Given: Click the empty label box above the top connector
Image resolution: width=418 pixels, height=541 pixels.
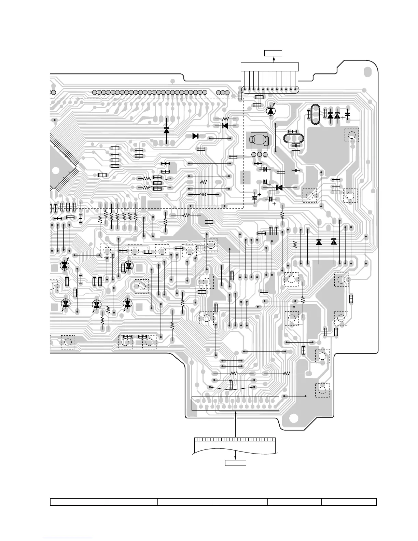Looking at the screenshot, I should [273, 53].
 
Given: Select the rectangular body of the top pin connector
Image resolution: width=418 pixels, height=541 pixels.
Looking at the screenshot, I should [270, 67].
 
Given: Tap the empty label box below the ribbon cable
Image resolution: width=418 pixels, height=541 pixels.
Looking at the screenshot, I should [235, 463].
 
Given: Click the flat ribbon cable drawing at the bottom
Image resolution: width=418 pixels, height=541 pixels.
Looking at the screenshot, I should [235, 446].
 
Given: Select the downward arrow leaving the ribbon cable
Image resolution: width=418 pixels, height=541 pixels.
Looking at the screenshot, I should [235, 456].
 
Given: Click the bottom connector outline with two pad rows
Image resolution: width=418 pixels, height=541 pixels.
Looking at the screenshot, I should [235, 403].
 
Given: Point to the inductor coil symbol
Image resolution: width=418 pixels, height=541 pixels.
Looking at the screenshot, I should [204, 195].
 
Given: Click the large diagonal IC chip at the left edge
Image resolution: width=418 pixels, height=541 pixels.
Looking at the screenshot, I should [63, 164].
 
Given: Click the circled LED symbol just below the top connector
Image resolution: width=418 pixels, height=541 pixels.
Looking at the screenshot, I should [271, 110].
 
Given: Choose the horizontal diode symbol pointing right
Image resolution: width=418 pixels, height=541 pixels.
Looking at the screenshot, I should [196, 136].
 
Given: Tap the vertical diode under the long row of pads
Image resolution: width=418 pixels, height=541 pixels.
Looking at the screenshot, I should [167, 130].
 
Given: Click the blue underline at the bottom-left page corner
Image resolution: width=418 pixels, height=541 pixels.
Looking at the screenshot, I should [68, 539].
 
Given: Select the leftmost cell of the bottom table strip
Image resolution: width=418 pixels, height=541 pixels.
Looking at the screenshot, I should [77, 502].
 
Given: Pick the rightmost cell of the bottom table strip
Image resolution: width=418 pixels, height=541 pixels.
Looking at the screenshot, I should [349, 502].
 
